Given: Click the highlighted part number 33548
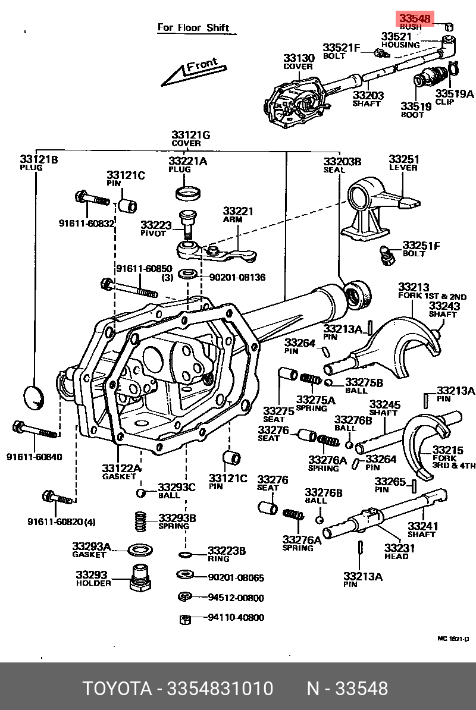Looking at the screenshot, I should click(415, 18).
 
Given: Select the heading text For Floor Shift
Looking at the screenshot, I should click(193, 27).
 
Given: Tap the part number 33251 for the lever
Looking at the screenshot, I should click(404, 159).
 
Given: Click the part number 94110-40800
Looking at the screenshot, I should click(236, 618).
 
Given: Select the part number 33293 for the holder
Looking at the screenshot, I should click(91, 575).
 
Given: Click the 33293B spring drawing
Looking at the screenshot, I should click(139, 521).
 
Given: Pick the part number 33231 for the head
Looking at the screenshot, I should click(396, 548).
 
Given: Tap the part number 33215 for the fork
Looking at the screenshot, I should click(447, 450).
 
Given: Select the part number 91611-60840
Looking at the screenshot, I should click(34, 457).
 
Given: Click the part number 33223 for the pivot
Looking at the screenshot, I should click(156, 225).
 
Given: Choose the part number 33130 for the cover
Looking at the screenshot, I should click(298, 58).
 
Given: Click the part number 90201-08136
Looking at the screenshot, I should click(237, 277).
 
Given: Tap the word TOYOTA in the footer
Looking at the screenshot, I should click(117, 689).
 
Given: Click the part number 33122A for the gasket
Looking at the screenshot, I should click(121, 468).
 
